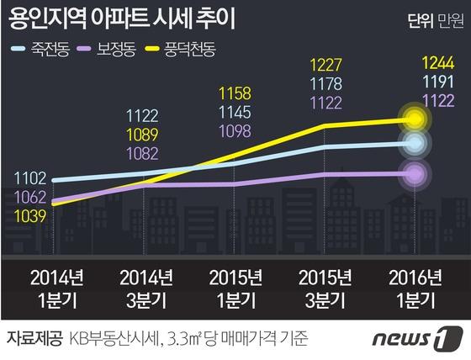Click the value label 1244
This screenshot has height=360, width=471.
[415, 61]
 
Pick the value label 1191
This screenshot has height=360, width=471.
[415, 82]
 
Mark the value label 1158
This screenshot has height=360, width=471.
[236, 92]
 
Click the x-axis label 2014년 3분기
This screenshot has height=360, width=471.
[146, 286]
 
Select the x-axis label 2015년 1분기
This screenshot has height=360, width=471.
[236, 286]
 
